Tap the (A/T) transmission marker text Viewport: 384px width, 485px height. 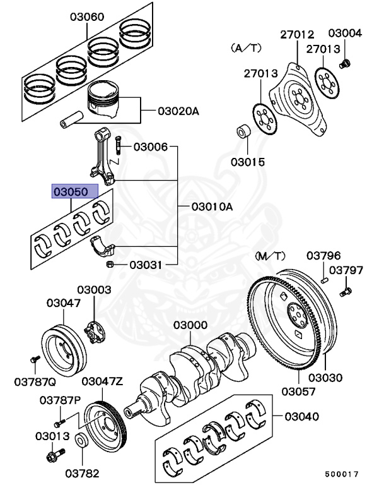[x=245, y=47]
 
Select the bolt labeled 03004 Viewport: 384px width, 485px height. [x=344, y=63]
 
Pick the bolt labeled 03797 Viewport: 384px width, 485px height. [x=346, y=292]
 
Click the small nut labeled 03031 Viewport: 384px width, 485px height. [x=109, y=264]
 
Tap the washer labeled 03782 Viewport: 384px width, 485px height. [x=82, y=440]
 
